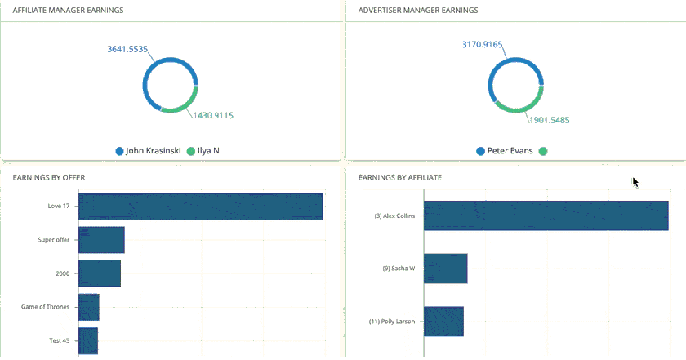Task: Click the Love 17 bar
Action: [200, 206]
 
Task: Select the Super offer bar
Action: [101, 240]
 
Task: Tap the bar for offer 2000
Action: [99, 273]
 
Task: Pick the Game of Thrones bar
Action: [88, 307]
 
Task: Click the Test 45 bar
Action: [87, 340]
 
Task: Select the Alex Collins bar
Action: [546, 216]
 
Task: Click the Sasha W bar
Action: [445, 268]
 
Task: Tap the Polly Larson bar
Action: [443, 321]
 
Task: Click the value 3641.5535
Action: [127, 50]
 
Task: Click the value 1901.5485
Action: [549, 120]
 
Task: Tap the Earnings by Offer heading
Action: [50, 177]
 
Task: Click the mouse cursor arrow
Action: [635, 181]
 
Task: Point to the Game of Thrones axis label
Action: [46, 307]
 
